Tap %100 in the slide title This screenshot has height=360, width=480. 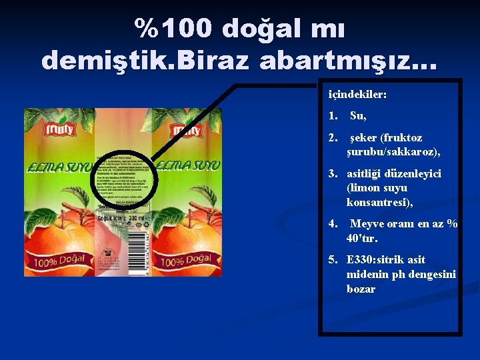point(173,28)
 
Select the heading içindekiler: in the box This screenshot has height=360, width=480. point(357,95)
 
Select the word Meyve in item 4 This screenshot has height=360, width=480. point(366,224)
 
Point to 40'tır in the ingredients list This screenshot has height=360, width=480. point(362,238)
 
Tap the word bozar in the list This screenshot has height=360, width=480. point(361,289)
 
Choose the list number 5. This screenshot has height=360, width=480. point(331,259)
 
